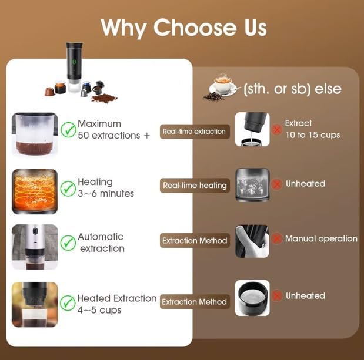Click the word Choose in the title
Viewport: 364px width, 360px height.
click(195, 28)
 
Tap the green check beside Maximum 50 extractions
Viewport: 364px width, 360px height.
click(68, 130)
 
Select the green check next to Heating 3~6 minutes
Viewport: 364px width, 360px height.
click(68, 189)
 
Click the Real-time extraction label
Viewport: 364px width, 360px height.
click(195, 132)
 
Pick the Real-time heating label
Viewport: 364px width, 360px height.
click(195, 185)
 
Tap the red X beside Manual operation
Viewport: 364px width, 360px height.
click(277, 238)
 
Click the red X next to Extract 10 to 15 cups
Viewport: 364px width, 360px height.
click(277, 130)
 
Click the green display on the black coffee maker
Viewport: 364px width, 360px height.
click(74, 62)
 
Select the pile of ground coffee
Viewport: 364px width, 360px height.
click(104, 97)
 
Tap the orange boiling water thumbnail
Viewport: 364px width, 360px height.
click(35, 191)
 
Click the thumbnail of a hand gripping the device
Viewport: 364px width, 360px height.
click(252, 241)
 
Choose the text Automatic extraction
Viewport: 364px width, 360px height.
click(101, 243)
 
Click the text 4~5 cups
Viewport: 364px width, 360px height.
click(99, 310)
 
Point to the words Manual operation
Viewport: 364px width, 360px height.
click(321, 238)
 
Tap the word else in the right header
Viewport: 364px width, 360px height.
click(328, 89)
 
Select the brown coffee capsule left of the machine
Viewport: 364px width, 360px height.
click(50, 92)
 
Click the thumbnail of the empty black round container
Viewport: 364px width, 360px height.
click(252, 298)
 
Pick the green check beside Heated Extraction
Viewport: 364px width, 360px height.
click(68, 303)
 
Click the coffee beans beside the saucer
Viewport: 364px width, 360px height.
click(213, 96)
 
